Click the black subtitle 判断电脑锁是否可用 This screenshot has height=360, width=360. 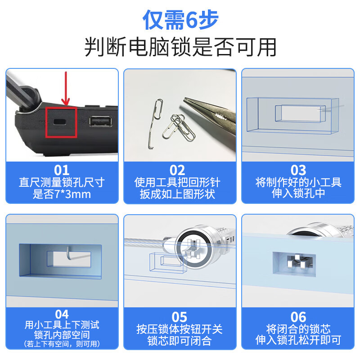click(180, 47)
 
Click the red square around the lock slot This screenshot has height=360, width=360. click(62, 122)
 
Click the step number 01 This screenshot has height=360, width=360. click(62, 170)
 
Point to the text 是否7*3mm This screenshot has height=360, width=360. click(62, 194)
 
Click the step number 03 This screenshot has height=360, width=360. click(298, 170)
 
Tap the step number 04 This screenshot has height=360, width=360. click(62, 314)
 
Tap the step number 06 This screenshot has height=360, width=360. click(298, 317)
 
